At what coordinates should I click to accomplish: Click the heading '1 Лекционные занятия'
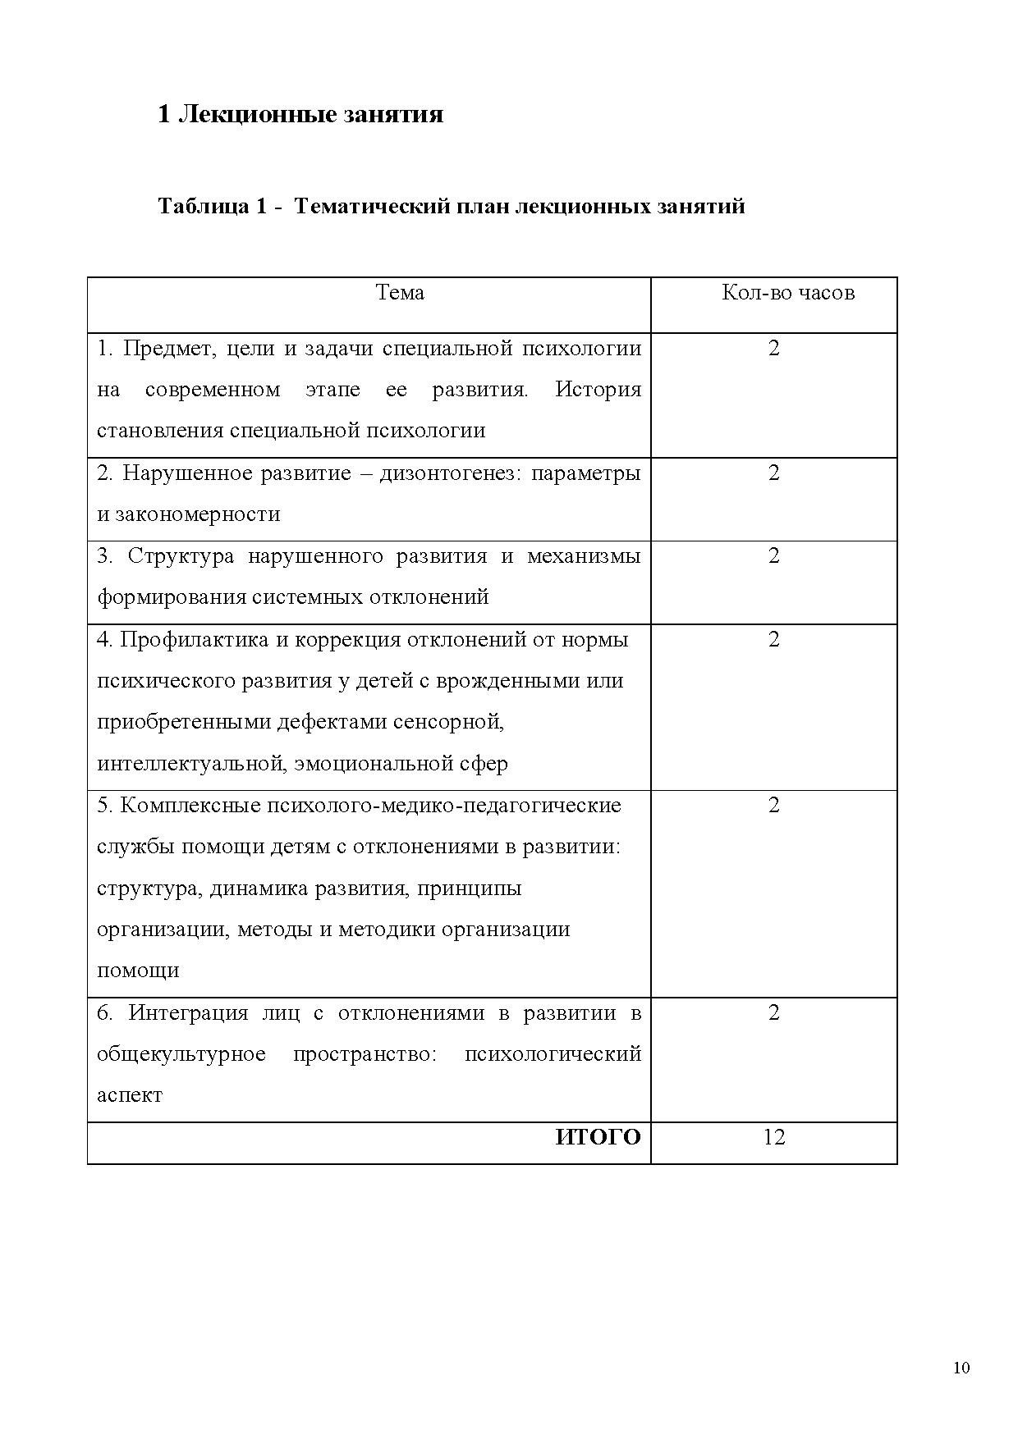(x=300, y=114)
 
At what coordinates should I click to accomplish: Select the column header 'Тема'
(x=400, y=293)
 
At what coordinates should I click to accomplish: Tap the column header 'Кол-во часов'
(x=788, y=293)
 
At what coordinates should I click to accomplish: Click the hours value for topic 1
(x=774, y=349)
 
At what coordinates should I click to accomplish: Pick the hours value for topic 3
(x=774, y=556)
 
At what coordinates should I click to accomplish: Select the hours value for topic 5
(x=774, y=806)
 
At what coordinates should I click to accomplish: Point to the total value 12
(x=774, y=1137)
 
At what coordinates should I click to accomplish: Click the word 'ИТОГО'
(x=598, y=1137)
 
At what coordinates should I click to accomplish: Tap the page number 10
(x=961, y=1368)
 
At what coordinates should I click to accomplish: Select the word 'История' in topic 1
(x=598, y=389)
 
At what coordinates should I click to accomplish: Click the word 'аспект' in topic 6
(x=130, y=1095)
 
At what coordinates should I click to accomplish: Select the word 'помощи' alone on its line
(x=138, y=971)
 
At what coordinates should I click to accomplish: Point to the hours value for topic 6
(x=774, y=1013)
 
